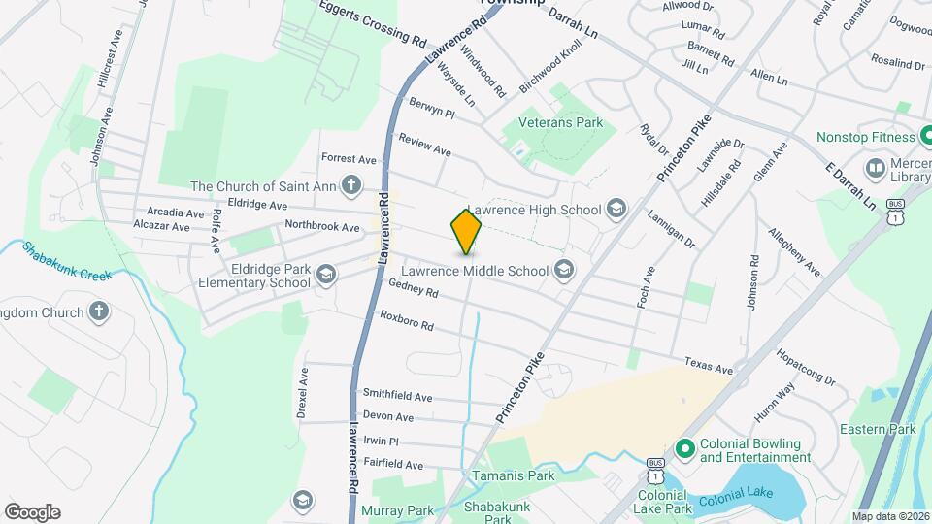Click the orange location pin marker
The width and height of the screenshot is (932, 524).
[x=466, y=230]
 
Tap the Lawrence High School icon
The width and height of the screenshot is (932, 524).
[x=615, y=209]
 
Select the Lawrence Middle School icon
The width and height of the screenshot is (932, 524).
[x=564, y=271]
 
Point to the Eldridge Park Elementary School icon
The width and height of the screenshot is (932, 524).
[x=326, y=276]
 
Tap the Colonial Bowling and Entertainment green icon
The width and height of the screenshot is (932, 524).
[x=684, y=449]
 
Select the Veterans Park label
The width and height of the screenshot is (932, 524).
[x=560, y=122]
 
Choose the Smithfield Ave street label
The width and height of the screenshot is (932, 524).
[x=397, y=396]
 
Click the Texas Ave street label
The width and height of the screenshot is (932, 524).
[x=708, y=366]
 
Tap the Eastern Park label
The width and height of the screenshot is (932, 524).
[x=878, y=429]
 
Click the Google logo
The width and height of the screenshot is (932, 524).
[x=32, y=511]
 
